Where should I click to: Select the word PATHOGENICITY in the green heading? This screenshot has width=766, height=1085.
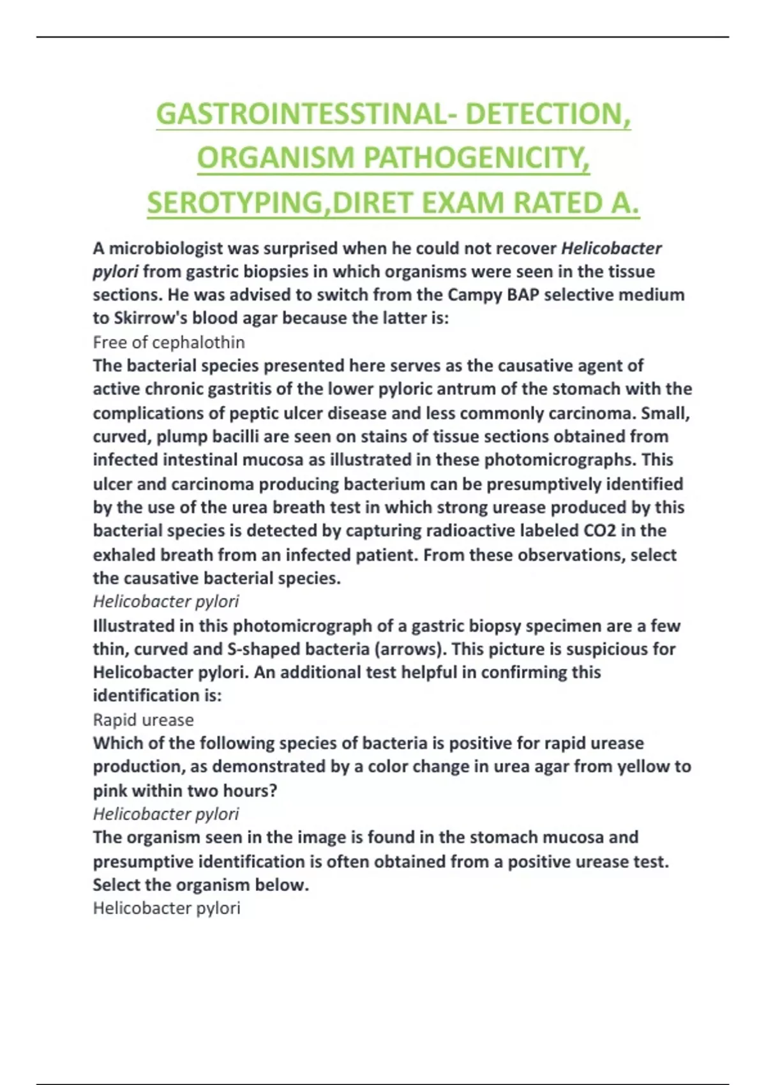(x=476, y=159)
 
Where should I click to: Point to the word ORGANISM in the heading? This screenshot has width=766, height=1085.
(x=275, y=159)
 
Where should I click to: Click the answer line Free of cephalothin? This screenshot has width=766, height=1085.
(x=169, y=343)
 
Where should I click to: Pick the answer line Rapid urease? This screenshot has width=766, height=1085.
(x=143, y=720)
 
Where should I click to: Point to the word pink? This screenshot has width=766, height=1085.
(x=110, y=791)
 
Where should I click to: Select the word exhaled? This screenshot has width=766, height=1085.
(x=124, y=555)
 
